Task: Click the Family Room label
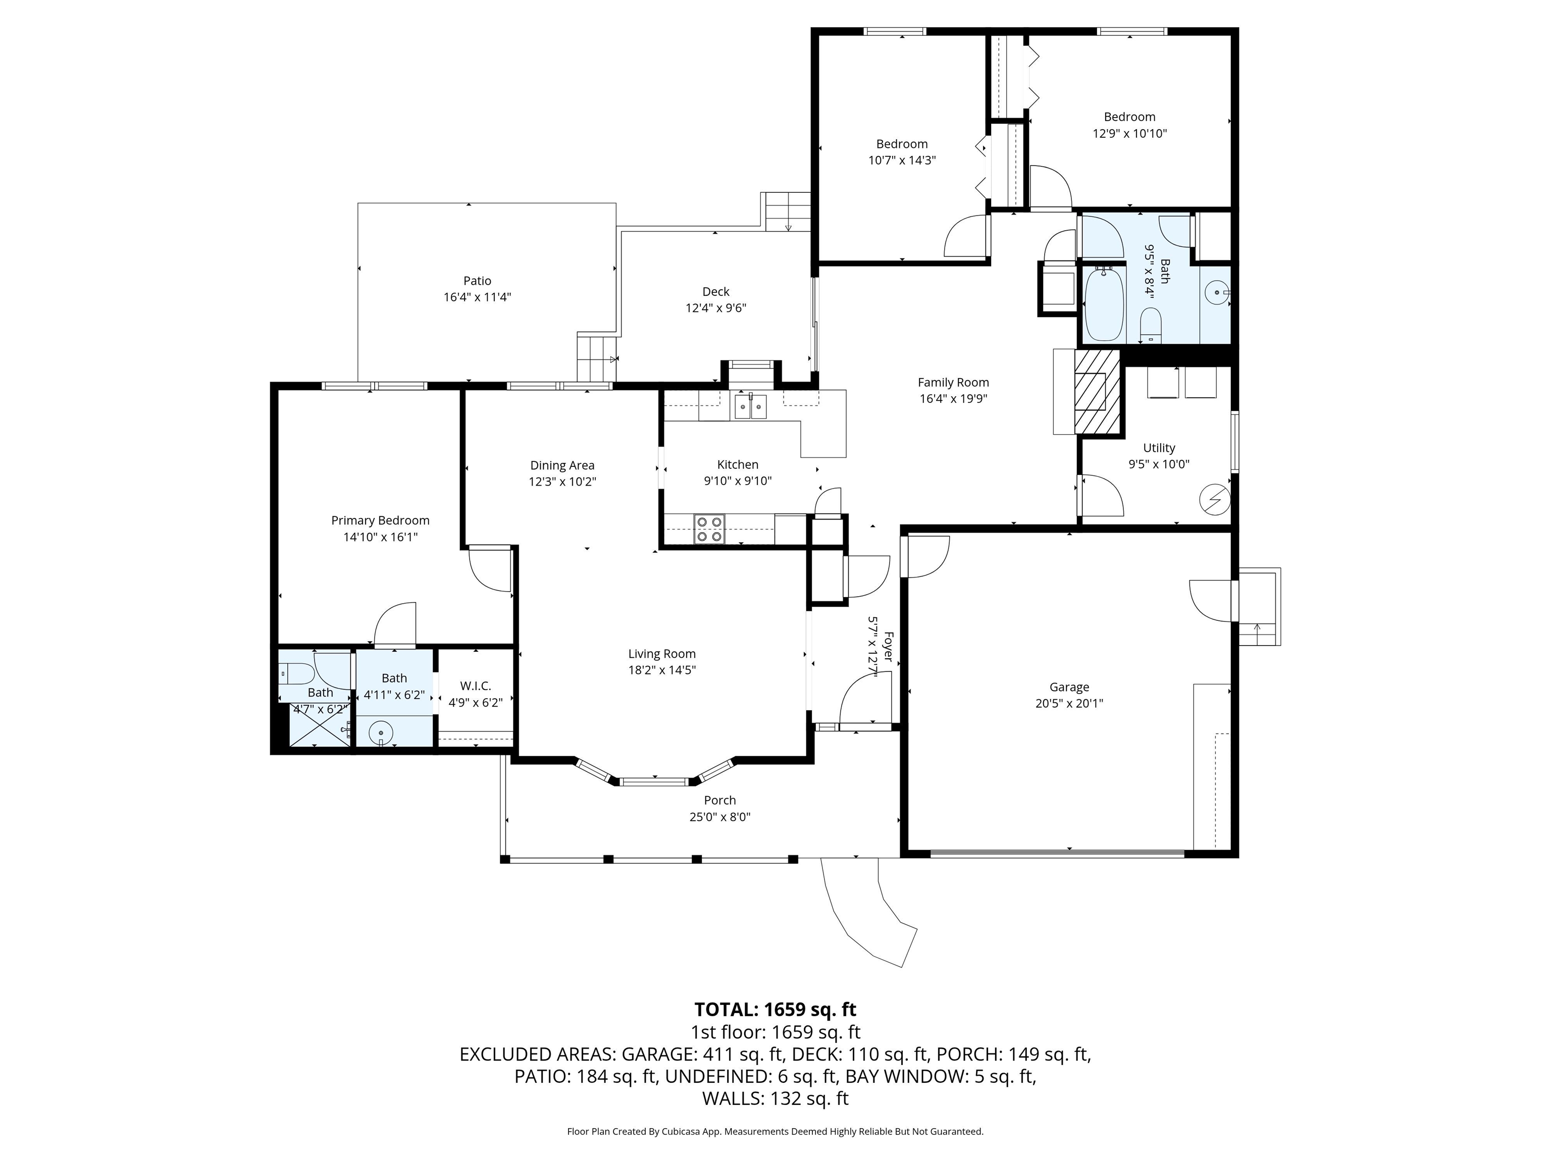point(953,382)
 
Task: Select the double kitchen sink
point(750,406)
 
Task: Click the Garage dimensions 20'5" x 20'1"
point(1069,703)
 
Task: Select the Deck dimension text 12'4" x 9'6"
point(715,308)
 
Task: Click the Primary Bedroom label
point(380,520)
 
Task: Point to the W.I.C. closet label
point(476,685)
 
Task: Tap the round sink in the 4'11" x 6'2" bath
point(381,732)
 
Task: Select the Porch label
point(719,800)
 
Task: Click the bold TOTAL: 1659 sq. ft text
point(775,1010)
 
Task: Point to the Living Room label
point(662,653)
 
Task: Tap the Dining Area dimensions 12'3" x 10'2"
point(562,482)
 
